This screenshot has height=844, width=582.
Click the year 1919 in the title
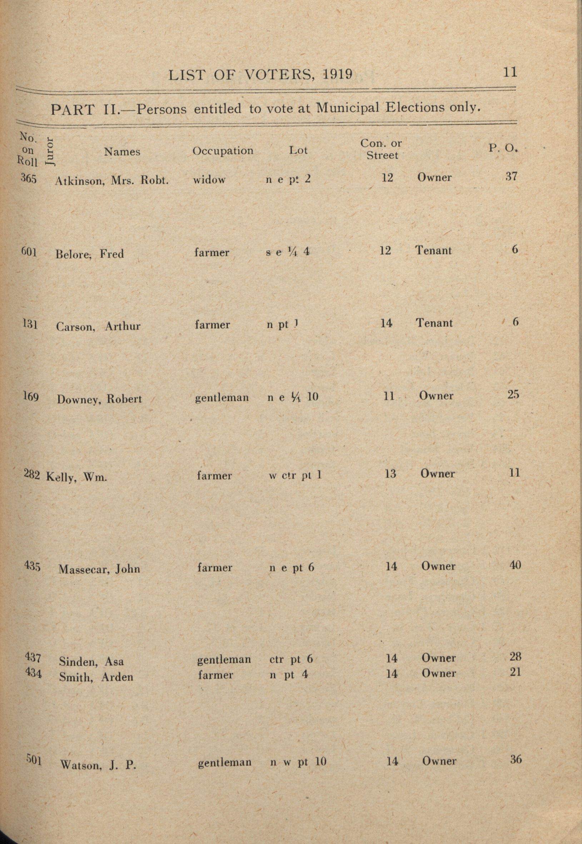[338, 74]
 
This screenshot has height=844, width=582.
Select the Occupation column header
[223, 151]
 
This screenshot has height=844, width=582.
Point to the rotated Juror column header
[50, 152]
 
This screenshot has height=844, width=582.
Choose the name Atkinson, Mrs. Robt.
[111, 180]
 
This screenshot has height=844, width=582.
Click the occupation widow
[209, 179]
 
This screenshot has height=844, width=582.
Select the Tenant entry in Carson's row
[434, 323]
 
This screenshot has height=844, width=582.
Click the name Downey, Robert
[99, 399]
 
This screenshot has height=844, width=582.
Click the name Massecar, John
[99, 569]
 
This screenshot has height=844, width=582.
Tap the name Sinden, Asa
[91, 661]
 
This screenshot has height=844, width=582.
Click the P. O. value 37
[511, 177]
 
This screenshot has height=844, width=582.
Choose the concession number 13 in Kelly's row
[390, 474]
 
